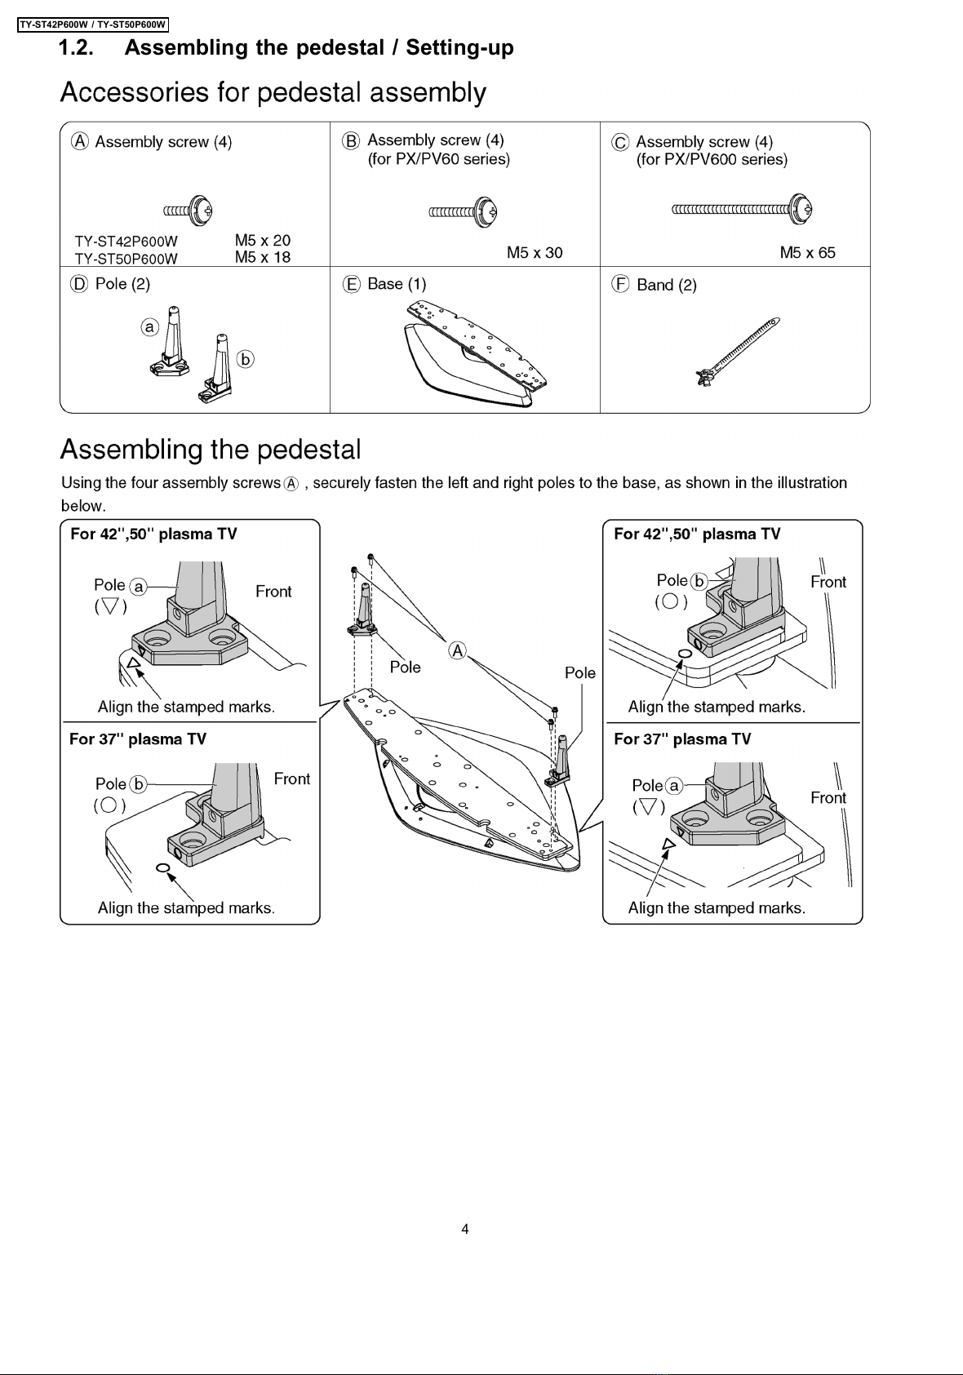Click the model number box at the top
93,24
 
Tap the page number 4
465,1229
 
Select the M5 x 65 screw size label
807,252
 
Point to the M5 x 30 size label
535,252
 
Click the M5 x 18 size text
263,257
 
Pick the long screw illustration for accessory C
743,210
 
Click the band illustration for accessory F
738,352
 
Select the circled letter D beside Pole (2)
79,284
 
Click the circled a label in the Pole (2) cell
150,327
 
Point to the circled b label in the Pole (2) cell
246,359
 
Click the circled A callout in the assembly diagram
457,650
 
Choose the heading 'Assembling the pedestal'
211,450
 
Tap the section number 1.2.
76,47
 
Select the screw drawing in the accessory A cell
188,211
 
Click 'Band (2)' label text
667,286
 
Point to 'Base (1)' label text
397,284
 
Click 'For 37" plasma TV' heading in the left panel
138,739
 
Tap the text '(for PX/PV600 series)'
712,160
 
